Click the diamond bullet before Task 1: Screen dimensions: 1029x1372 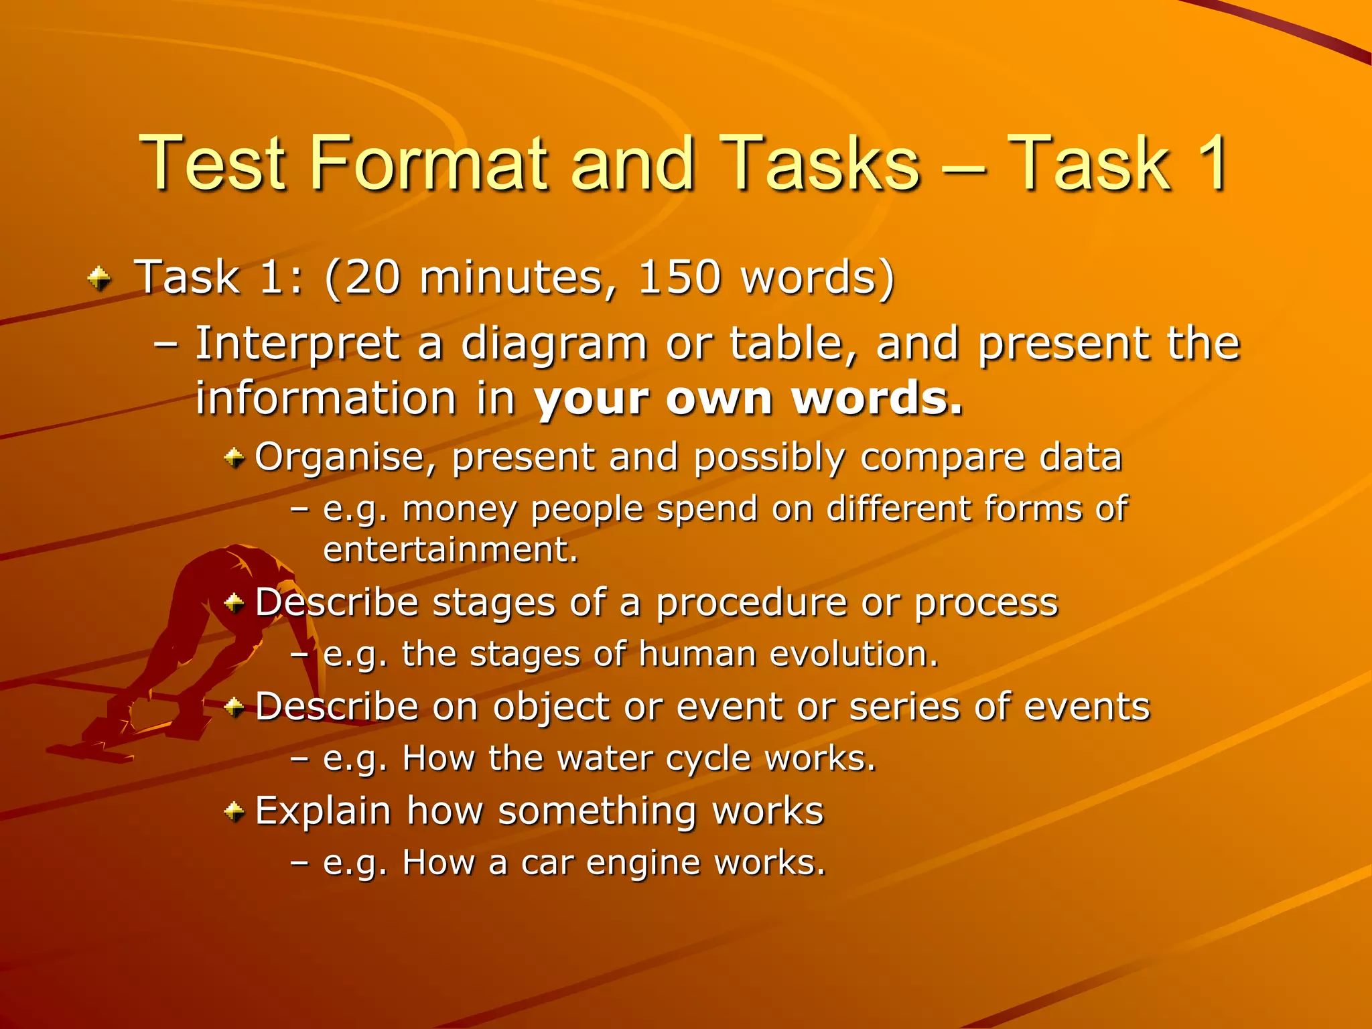(100, 278)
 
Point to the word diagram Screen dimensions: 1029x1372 (554, 344)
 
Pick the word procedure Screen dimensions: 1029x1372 (750, 602)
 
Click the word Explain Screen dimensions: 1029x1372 (323, 811)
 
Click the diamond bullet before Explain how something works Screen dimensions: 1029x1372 (234, 813)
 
